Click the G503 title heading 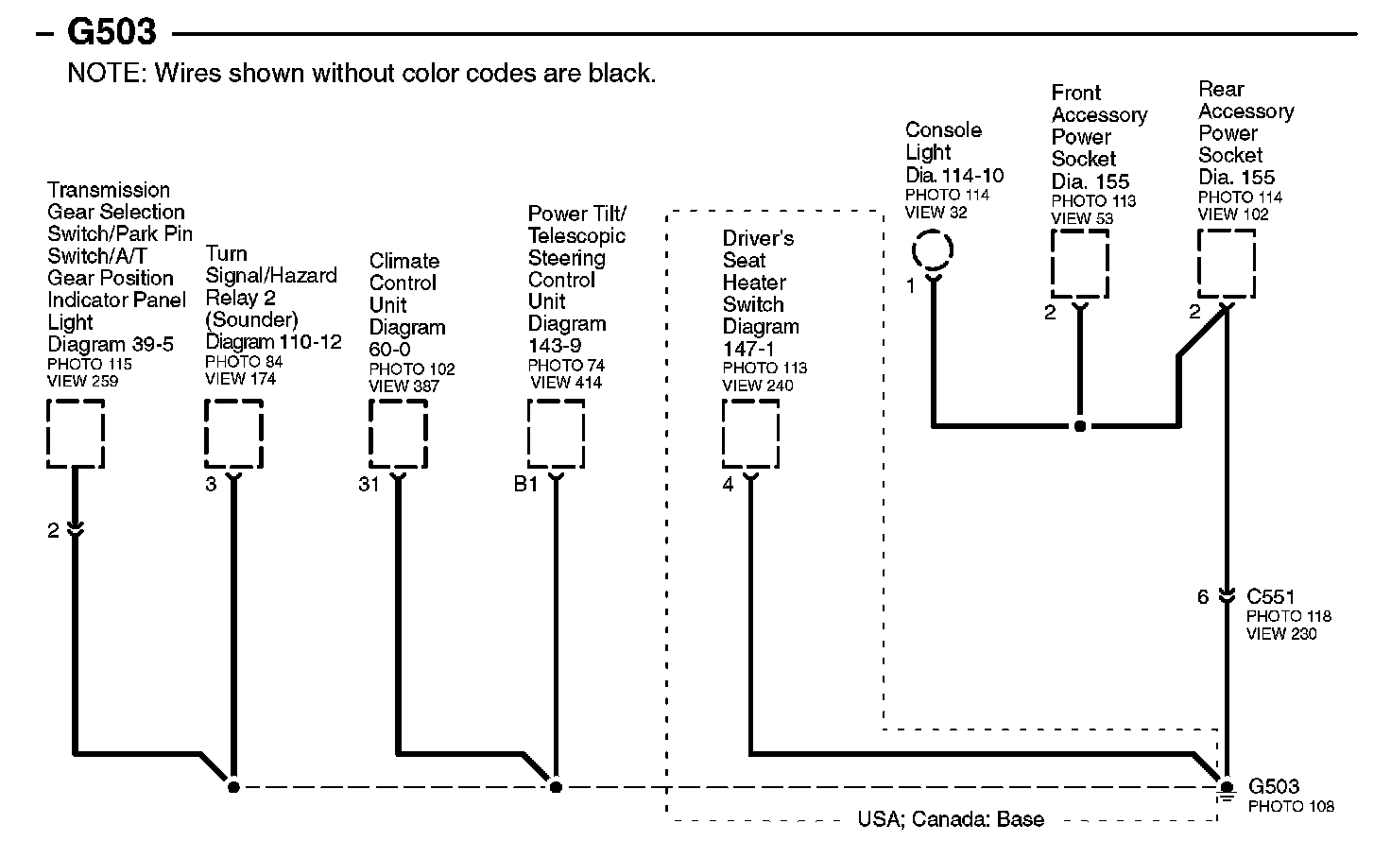click(x=111, y=33)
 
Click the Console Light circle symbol click(x=933, y=250)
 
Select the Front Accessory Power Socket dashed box click(x=1080, y=264)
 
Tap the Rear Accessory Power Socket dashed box click(x=1227, y=264)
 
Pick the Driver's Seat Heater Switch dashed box click(x=751, y=433)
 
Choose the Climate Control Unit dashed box click(x=398, y=433)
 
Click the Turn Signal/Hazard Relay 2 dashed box click(x=233, y=433)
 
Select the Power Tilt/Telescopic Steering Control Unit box click(x=556, y=433)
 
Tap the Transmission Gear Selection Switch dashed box click(x=76, y=433)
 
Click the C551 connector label click(x=1271, y=596)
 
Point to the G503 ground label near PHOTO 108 click(x=1274, y=786)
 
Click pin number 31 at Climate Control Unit click(x=369, y=485)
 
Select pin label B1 click(x=525, y=485)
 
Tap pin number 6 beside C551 click(x=1203, y=597)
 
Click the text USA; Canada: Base click(x=951, y=819)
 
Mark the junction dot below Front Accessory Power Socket click(x=1080, y=426)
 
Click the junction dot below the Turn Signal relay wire click(x=233, y=786)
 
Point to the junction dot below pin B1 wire click(x=556, y=786)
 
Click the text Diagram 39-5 click(x=111, y=345)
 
